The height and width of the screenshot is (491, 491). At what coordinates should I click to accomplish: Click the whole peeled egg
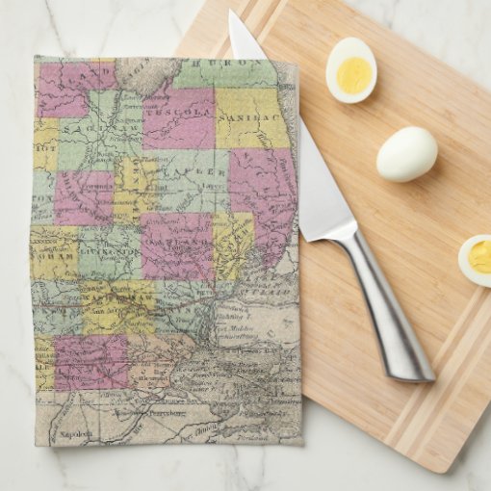406,154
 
